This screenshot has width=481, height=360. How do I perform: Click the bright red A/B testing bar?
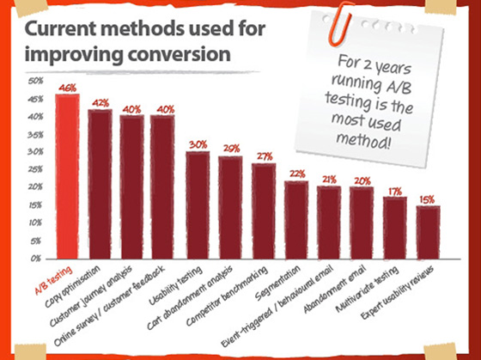[x=67, y=176]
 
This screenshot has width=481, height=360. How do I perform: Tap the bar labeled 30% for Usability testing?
[x=198, y=204]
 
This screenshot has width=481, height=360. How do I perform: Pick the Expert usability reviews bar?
[x=428, y=232]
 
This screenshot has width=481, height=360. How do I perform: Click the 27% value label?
[x=264, y=156]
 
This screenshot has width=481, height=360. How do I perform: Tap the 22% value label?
[x=297, y=174]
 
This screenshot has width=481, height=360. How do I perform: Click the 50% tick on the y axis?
[x=35, y=82]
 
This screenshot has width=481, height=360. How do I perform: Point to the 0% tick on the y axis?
[x=37, y=258]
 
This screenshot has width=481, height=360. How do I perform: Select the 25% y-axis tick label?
[x=35, y=169]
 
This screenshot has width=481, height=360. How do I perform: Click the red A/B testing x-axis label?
[x=58, y=278]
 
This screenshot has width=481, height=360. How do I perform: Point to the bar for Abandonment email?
[x=362, y=223]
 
